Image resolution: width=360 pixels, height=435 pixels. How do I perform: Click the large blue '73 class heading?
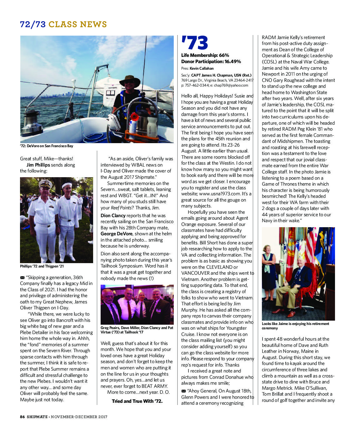194,43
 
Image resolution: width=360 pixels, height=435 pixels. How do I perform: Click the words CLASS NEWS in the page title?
77,24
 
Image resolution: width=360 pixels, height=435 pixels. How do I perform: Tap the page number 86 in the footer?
22,417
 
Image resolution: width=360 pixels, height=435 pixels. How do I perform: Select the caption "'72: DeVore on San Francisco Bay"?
47,146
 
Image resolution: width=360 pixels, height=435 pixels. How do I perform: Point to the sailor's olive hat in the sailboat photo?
130,80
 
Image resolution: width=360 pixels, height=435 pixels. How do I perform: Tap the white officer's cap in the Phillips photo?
45,184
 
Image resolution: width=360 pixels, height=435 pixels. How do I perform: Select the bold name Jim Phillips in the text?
38,165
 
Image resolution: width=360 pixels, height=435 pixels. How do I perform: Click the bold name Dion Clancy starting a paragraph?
113,216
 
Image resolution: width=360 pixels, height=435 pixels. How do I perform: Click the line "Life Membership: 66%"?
205,55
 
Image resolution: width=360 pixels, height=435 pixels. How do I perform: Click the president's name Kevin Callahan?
202,68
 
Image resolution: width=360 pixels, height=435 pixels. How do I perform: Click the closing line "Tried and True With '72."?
137,401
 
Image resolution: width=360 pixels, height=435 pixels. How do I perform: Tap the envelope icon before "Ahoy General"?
183,391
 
